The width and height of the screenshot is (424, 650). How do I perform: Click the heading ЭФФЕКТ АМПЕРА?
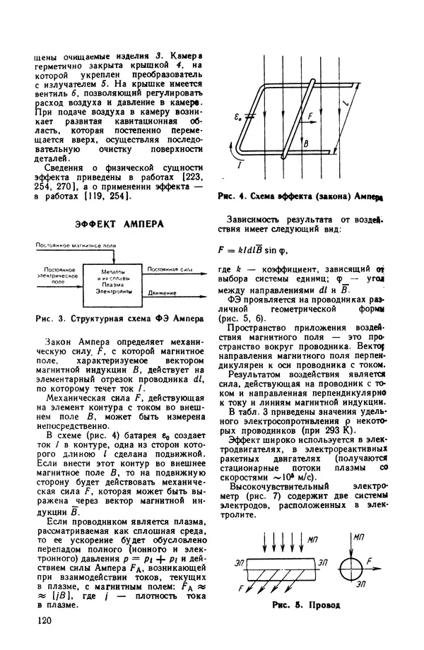click(119, 224)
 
